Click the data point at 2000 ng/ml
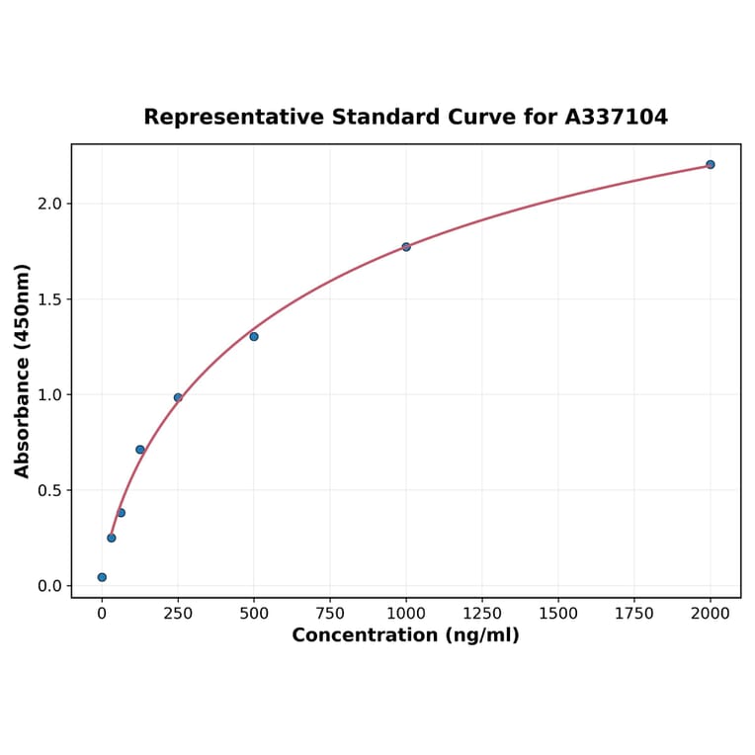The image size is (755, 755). point(710,164)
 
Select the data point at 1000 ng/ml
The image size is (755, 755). point(406,247)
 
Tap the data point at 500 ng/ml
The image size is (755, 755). point(254,336)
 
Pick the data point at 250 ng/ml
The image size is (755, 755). point(178,397)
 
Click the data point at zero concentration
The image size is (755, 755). point(102,577)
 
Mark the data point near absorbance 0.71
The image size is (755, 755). point(140,450)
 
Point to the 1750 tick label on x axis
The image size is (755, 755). point(634,614)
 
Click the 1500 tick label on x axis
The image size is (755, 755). point(558,614)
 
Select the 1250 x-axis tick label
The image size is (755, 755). point(482,614)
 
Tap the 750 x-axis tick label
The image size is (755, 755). point(330,614)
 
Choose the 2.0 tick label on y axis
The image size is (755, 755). point(49,204)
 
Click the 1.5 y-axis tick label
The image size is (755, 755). point(49,299)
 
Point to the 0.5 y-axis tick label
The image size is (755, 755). point(49,490)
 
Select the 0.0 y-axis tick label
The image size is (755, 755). point(49,586)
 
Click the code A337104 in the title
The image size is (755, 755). point(616,117)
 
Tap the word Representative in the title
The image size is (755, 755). point(234,117)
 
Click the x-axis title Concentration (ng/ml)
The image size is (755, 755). point(405,635)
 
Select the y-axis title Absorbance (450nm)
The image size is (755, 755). point(22,371)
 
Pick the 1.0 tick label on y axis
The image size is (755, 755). point(49,395)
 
